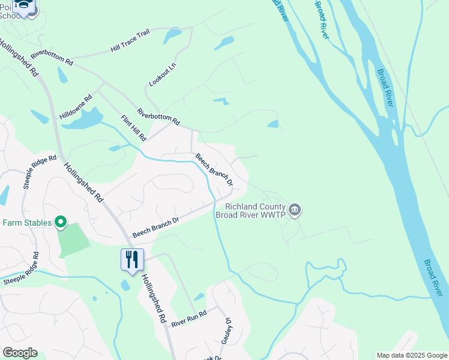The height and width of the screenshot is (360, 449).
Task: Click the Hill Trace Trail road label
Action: pyautogui.click(x=130, y=41)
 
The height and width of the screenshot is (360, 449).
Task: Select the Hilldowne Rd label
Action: pyautogui.click(x=76, y=106)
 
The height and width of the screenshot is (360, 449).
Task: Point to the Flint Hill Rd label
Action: pyautogui.click(x=133, y=128)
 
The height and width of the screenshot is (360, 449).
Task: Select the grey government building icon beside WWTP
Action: pyautogui.click(x=295, y=210)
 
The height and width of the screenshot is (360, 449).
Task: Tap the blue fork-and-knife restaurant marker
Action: pyautogui.click(x=132, y=260)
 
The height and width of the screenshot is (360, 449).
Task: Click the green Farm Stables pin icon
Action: pyautogui.click(x=60, y=223)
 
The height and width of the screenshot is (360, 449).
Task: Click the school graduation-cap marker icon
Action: pyautogui.click(x=24, y=6)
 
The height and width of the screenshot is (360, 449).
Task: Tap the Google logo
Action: pyautogui.click(x=20, y=353)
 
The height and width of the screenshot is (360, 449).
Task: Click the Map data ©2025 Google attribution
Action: pyautogui.click(x=412, y=355)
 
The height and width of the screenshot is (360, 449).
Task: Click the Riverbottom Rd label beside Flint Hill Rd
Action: pyautogui.click(x=158, y=116)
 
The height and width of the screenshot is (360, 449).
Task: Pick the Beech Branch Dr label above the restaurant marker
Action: pyautogui.click(x=155, y=227)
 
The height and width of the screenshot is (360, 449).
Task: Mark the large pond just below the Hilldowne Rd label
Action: pyautogui.click(x=82, y=120)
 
